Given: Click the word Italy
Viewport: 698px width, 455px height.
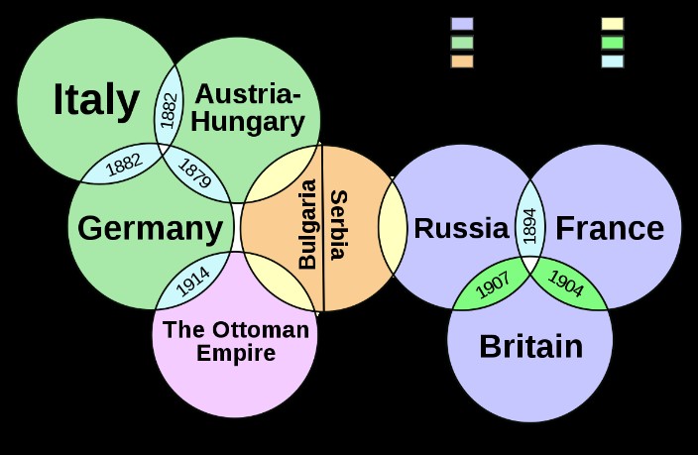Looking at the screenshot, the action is pyautogui.click(x=96, y=101).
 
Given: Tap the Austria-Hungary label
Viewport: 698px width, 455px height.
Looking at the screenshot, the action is pyautogui.click(x=248, y=108).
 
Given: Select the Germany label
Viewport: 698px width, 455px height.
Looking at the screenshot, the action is pyautogui.click(x=150, y=229).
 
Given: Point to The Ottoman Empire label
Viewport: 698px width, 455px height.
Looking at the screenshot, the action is pyautogui.click(x=236, y=341).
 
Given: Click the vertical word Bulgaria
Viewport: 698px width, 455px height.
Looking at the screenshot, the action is pyautogui.click(x=307, y=224).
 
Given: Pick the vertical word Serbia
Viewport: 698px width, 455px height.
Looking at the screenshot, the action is pyautogui.click(x=339, y=225).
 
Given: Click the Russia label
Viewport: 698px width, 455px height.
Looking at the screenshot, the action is pyautogui.click(x=461, y=228).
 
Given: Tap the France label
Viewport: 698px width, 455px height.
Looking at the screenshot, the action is pyautogui.click(x=610, y=228).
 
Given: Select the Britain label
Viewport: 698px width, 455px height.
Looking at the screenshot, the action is pyautogui.click(x=531, y=346).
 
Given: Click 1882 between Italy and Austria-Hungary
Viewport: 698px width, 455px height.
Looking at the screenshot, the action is pyautogui.click(x=170, y=110).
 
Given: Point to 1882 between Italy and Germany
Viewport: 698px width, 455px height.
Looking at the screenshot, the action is pyautogui.click(x=124, y=165).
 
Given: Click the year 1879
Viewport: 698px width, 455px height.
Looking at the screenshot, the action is pyautogui.click(x=194, y=173).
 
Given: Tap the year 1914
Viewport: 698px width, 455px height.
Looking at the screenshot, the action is pyautogui.click(x=192, y=282).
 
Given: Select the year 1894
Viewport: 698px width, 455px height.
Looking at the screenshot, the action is pyautogui.click(x=529, y=226).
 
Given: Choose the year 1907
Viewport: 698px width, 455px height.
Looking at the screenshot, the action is pyautogui.click(x=493, y=285).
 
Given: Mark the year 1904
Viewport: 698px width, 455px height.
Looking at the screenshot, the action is pyautogui.click(x=565, y=284).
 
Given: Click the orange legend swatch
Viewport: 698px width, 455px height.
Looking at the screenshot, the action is pyautogui.click(x=462, y=61).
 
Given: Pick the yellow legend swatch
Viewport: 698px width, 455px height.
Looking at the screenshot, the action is pyautogui.click(x=613, y=24).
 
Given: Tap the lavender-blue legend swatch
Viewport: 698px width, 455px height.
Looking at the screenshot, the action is pyautogui.click(x=462, y=24).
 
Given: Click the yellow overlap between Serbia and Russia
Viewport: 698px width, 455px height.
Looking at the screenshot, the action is pyautogui.click(x=393, y=226).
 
